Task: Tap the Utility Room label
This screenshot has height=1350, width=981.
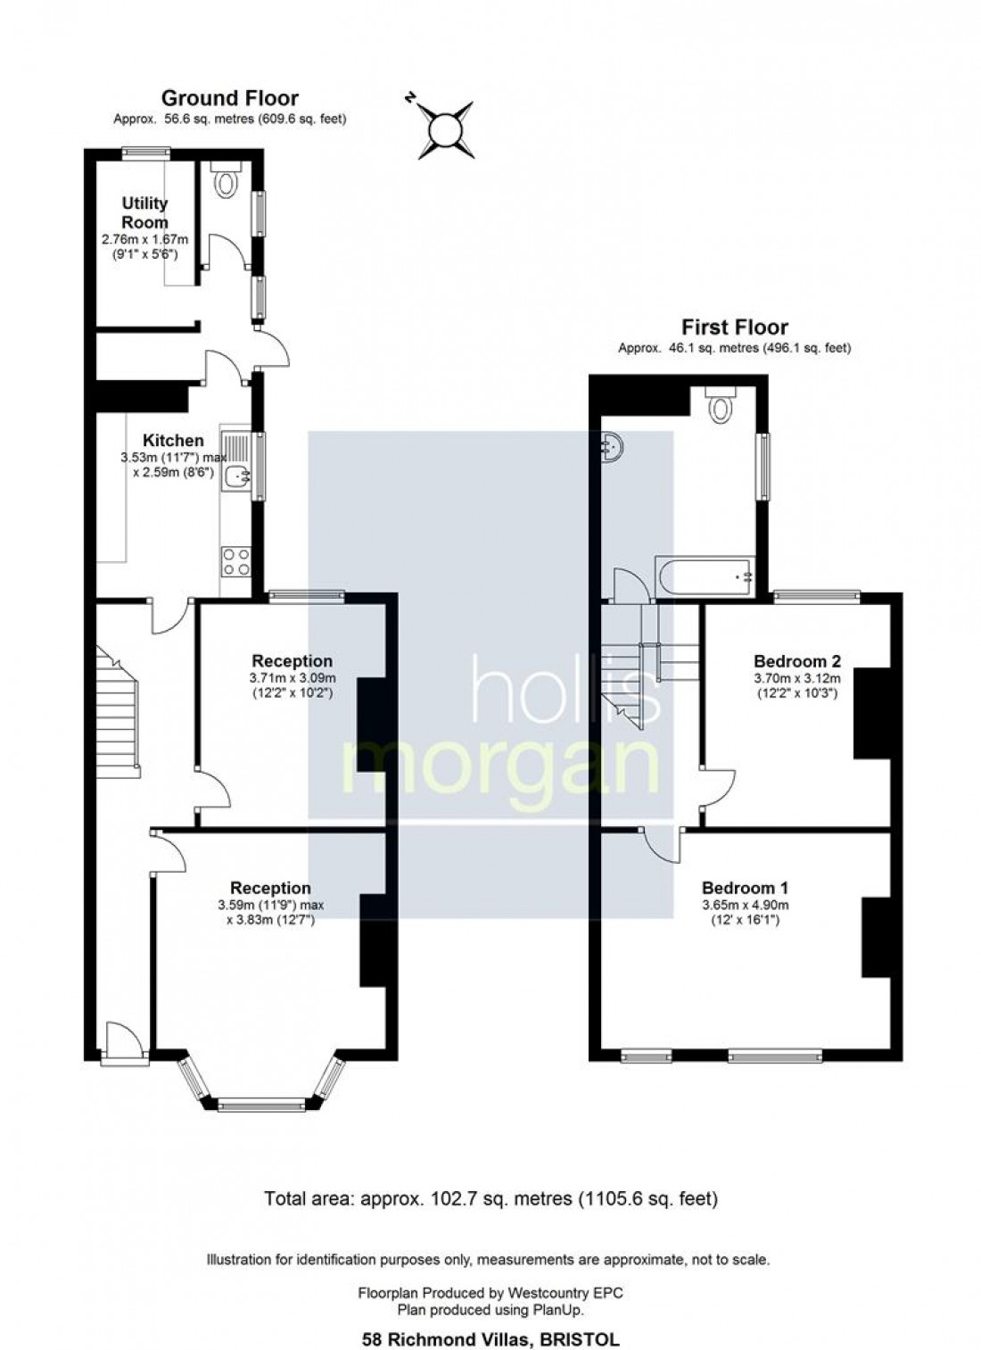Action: (144, 212)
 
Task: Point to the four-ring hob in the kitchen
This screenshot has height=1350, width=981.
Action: (236, 561)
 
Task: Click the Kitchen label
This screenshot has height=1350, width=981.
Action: (173, 440)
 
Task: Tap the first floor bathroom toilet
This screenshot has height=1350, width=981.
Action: (719, 404)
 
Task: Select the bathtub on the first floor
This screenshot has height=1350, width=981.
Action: (705, 577)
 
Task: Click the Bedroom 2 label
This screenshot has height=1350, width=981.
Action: (797, 661)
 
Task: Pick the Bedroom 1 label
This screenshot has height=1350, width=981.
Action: (745, 888)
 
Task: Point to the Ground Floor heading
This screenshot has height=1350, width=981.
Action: (229, 98)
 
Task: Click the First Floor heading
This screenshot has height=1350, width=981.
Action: (734, 327)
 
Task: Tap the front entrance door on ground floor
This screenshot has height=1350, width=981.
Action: (123, 1044)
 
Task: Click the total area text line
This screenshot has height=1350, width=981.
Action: (490, 1198)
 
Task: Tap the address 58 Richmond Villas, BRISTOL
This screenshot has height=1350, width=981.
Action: (490, 1338)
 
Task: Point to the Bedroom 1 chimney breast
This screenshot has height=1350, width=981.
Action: (876, 937)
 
